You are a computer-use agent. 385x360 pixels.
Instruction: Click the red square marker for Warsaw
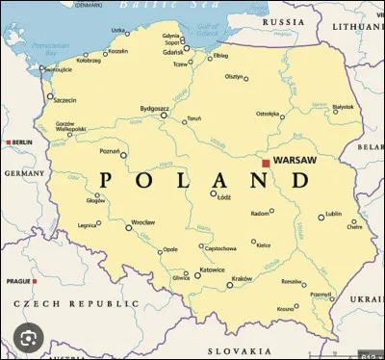click(266, 164)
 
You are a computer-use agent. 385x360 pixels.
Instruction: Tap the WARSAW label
click(295, 160)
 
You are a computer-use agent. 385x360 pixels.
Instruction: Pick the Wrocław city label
click(143, 222)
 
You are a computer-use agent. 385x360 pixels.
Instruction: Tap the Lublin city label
click(333, 215)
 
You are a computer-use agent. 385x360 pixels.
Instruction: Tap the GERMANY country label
click(24, 173)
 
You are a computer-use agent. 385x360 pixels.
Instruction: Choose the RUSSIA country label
click(284, 21)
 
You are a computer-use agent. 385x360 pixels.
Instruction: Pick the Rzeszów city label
click(291, 282)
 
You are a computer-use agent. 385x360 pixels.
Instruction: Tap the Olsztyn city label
click(234, 76)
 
